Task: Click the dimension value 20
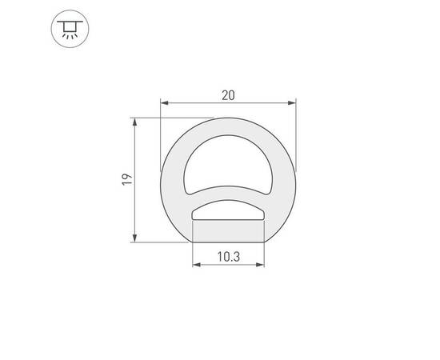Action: pos(229,95)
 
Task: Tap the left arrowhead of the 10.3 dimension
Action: pos(196,266)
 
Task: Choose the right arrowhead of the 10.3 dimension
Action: pos(262,266)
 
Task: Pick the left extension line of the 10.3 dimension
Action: pos(193,254)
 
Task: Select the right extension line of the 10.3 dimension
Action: pos(265,254)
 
